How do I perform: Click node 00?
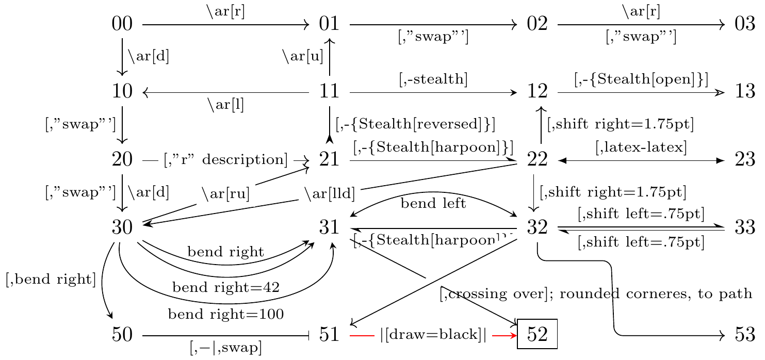tap(122, 24)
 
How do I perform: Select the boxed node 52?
tap(537, 335)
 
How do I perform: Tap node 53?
tap(745, 335)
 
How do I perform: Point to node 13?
tap(745, 92)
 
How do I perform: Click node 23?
tap(745, 160)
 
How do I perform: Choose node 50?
tap(122, 335)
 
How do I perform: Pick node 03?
tap(745, 24)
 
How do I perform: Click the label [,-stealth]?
tap(433, 79)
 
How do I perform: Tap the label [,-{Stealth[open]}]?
tap(641, 79)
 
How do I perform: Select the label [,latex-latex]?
tap(641, 148)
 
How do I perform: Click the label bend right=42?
tap(226, 287)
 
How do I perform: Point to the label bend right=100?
tap(226, 314)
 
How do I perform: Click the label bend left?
tap(433, 203)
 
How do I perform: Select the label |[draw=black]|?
tap(433, 335)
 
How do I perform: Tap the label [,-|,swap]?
tap(226, 348)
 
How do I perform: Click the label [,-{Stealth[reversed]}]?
tap(415, 124)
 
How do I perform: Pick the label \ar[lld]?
tap(330, 194)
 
